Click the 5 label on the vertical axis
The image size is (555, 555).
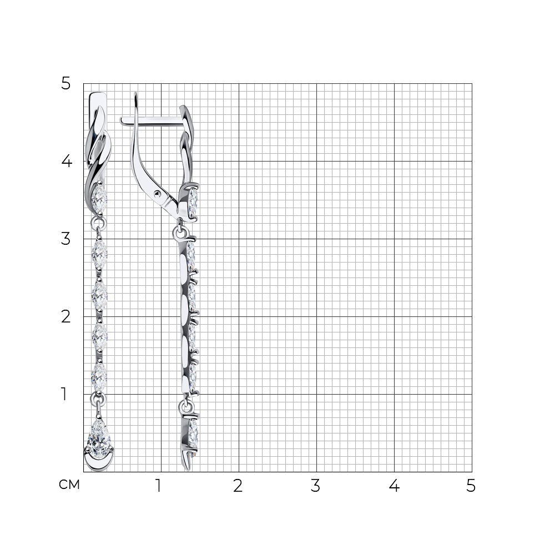(66, 84)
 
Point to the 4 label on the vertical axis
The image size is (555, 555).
(67, 161)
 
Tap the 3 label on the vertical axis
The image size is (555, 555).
(66, 239)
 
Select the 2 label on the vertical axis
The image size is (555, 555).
(66, 316)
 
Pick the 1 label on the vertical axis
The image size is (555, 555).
(64, 394)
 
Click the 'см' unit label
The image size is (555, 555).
(69, 485)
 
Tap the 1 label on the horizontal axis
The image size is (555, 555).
(159, 486)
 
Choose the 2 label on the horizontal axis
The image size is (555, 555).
(238, 486)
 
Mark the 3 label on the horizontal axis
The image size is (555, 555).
(315, 486)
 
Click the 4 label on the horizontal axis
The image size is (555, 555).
(394, 486)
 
